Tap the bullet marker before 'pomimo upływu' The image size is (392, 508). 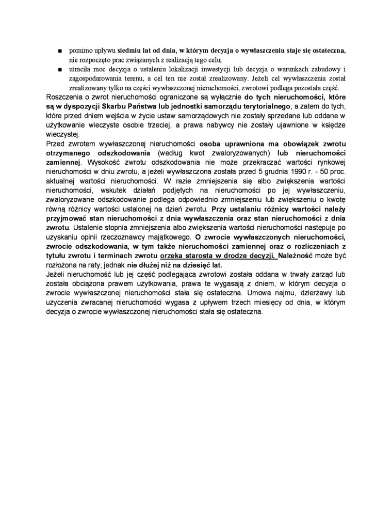[x=60, y=52]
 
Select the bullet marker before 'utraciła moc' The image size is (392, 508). [x=60, y=69]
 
